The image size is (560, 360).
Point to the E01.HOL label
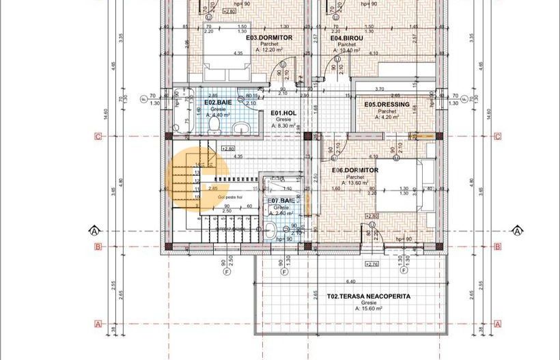point(283,113)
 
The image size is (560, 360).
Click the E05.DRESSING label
point(387,105)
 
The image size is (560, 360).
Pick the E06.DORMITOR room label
point(355,170)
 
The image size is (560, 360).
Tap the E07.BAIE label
point(281,201)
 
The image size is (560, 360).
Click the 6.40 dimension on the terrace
point(351,281)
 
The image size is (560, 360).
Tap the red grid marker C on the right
point(497,137)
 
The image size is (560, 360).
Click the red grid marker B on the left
point(98,247)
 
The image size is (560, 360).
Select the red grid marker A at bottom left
point(98,324)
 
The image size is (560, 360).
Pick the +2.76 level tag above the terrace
point(372,264)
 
